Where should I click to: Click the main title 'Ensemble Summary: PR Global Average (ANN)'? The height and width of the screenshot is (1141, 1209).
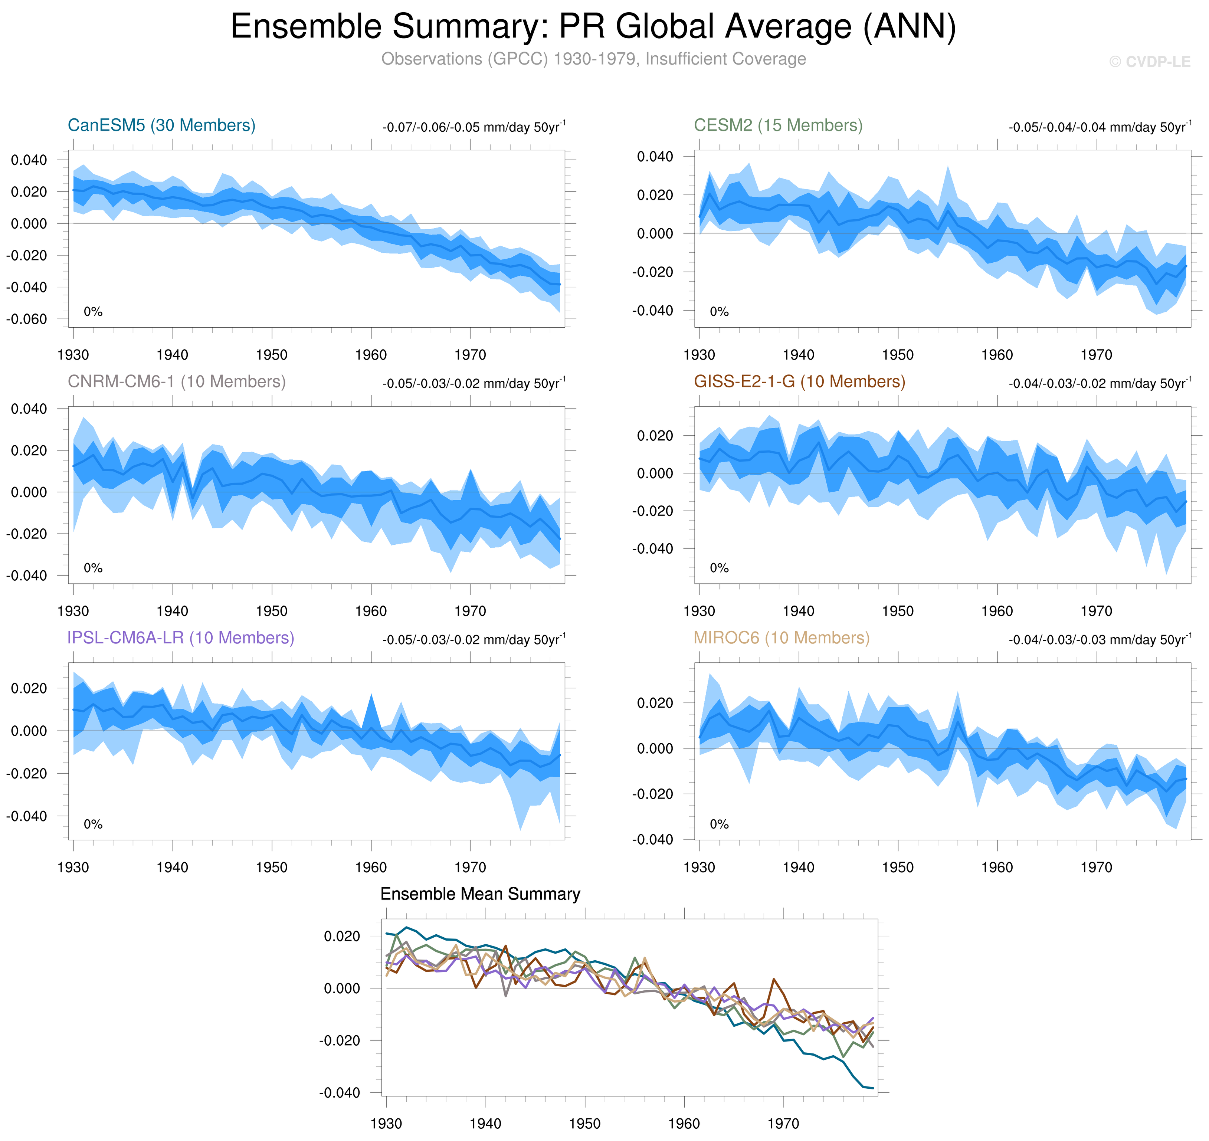[593, 27]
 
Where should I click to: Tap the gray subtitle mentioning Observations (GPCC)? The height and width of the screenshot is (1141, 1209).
[593, 59]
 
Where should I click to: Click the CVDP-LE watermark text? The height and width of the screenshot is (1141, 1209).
[1149, 62]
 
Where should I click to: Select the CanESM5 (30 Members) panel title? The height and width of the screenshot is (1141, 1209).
[161, 125]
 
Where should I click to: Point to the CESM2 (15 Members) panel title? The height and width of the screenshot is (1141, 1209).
[778, 125]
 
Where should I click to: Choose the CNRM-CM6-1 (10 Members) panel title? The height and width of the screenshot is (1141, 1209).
[176, 381]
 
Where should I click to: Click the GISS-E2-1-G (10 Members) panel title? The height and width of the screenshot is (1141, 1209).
[799, 381]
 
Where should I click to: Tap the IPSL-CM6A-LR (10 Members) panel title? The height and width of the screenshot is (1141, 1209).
[181, 637]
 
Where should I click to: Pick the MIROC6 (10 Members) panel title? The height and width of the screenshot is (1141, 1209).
[782, 637]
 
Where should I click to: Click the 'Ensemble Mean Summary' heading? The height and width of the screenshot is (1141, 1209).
[480, 894]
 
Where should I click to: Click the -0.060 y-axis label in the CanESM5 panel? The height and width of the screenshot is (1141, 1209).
[27, 319]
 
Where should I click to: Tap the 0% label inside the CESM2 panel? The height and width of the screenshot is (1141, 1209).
[719, 311]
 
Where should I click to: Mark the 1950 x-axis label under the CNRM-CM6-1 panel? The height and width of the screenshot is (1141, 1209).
[271, 611]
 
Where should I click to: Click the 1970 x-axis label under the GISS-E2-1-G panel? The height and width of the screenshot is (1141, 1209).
[1096, 611]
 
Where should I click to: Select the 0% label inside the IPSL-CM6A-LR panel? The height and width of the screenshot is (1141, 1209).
[93, 824]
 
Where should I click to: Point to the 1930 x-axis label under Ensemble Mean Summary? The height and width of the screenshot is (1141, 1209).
[386, 1123]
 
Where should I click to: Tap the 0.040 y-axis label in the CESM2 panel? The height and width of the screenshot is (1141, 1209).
[655, 157]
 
